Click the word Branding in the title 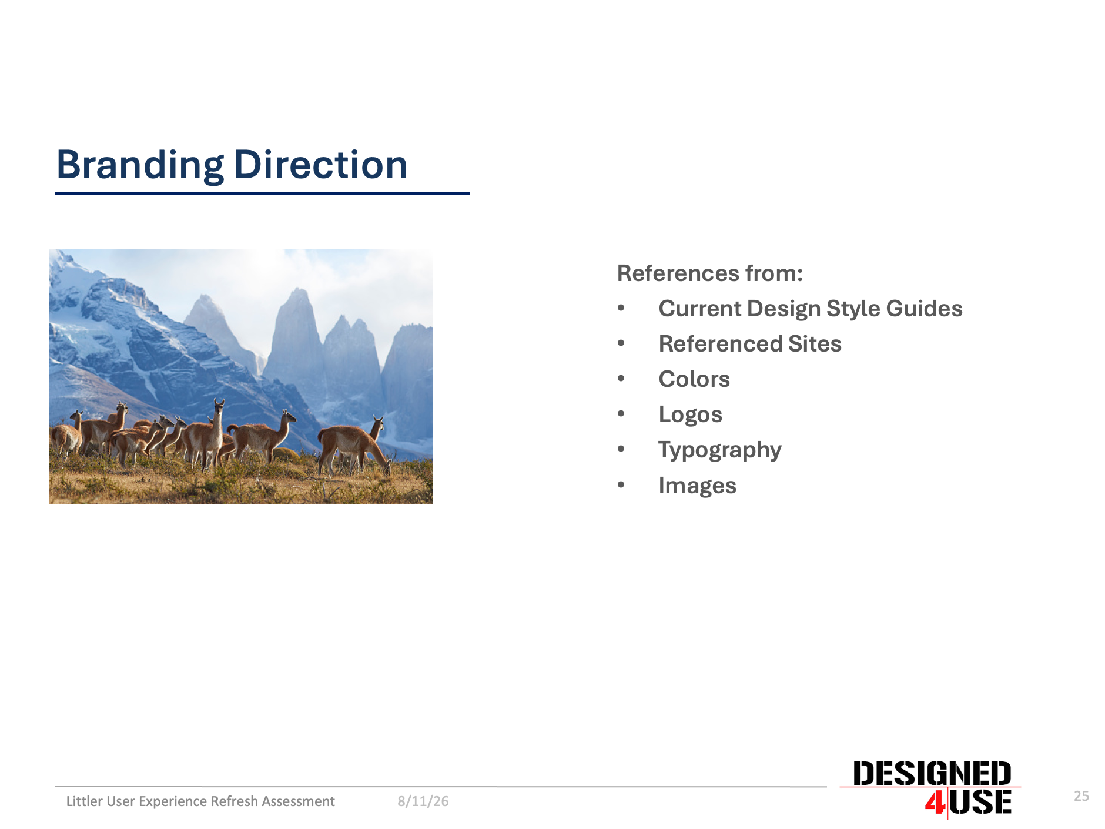[x=140, y=166]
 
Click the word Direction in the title [x=321, y=165]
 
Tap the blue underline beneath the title [x=262, y=193]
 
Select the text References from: [x=710, y=273]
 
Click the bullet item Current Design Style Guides [x=811, y=309]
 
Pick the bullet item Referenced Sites [x=750, y=344]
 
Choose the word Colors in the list [x=694, y=379]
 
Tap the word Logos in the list [x=690, y=415]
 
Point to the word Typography [x=720, y=450]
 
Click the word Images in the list [x=697, y=486]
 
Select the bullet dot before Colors [x=621, y=379]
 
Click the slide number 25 [x=1081, y=796]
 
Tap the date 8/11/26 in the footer [x=423, y=801]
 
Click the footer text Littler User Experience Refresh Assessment [x=200, y=801]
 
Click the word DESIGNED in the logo [x=932, y=774]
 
